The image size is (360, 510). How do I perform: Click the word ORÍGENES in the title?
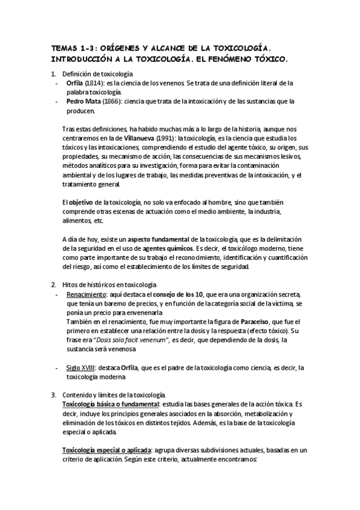tap(123, 47)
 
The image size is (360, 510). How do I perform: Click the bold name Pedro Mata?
tap(84, 102)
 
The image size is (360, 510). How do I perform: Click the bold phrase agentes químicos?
tap(163, 248)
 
